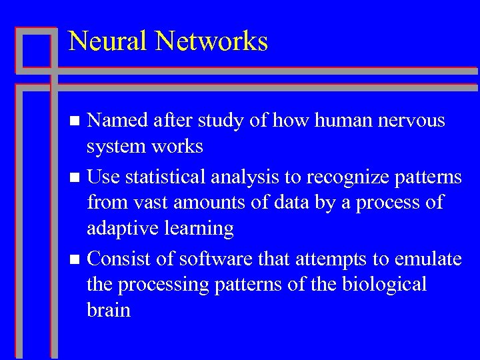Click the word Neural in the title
click(x=109, y=41)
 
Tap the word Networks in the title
click(x=212, y=41)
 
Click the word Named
click(x=118, y=121)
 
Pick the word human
click(x=340, y=121)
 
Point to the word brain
click(x=109, y=309)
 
